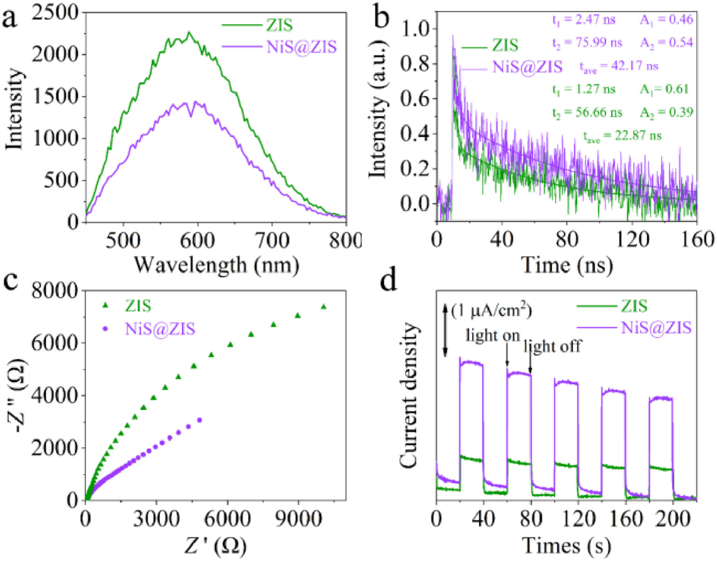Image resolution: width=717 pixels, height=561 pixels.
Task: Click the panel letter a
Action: click(x=10, y=19)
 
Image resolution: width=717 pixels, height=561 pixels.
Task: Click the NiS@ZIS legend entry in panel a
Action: click(x=301, y=47)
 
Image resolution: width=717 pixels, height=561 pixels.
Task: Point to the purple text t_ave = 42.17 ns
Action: click(x=619, y=66)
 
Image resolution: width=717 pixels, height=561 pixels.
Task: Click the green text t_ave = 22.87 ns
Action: click(x=622, y=136)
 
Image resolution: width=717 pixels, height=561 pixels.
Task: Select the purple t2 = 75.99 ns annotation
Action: click(x=587, y=43)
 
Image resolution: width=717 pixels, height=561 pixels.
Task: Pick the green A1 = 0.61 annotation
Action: click(x=664, y=89)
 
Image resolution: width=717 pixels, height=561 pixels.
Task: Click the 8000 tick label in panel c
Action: click(x=55, y=291)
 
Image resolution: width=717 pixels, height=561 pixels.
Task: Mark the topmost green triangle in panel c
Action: click(x=323, y=307)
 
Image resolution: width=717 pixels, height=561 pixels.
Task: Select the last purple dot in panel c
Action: click(x=199, y=420)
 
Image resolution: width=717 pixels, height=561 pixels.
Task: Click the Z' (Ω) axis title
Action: click(x=215, y=546)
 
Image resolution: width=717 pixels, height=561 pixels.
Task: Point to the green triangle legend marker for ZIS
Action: click(x=105, y=306)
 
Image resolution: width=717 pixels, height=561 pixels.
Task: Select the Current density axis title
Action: click(x=409, y=395)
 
